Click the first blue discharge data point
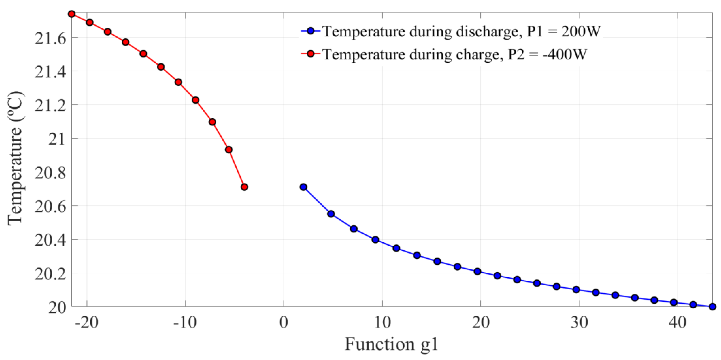[x=303, y=187]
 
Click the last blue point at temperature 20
[x=713, y=306]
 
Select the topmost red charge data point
[x=72, y=14]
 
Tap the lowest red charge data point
[x=244, y=187]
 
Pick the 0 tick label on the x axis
[x=284, y=323]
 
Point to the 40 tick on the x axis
[x=678, y=323]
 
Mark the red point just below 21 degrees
[x=229, y=150]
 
